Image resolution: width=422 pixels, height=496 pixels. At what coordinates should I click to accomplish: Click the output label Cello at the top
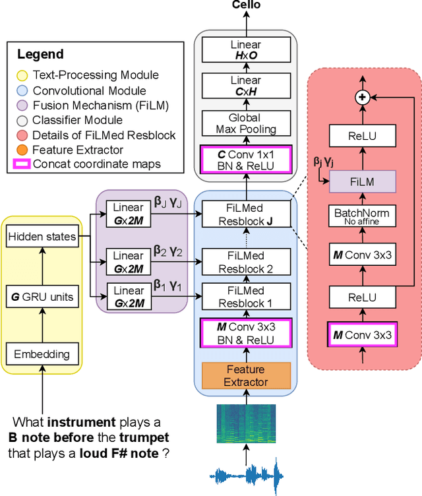246,5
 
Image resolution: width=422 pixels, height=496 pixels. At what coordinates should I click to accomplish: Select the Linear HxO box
245,49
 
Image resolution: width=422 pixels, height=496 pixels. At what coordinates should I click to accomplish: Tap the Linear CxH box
245,86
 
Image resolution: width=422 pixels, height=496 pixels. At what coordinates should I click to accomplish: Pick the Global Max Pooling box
245,123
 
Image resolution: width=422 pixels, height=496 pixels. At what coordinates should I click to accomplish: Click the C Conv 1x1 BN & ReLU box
245,160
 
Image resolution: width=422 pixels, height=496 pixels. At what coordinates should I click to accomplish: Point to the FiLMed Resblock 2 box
245,262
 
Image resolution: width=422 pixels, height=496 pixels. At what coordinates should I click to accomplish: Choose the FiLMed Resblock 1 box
245,297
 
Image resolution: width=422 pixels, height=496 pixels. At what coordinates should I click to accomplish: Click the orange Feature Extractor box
245,375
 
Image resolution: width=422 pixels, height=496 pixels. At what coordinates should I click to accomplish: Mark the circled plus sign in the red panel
361,97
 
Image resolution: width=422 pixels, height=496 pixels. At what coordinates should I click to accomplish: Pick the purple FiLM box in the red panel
361,181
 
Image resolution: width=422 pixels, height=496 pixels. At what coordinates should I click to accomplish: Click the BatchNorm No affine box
361,216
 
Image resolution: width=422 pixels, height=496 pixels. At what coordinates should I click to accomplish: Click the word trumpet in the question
144,437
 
